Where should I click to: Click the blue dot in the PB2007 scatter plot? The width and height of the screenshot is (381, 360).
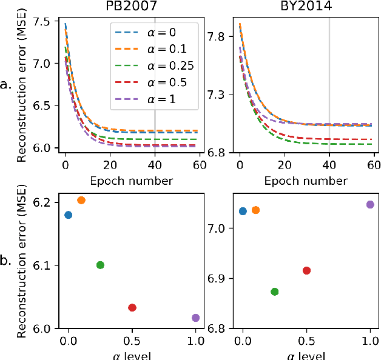pyautogui.click(x=68, y=215)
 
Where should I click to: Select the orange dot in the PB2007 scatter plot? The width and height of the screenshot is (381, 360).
pyautogui.click(x=81, y=200)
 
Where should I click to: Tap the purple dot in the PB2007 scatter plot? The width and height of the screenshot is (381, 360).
pyautogui.click(x=195, y=318)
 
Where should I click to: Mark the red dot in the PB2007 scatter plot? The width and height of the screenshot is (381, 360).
pyautogui.click(x=132, y=307)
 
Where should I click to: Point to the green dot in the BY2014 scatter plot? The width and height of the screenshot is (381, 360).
pyautogui.click(x=274, y=292)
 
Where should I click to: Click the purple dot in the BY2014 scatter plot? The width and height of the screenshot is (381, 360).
pyautogui.click(x=370, y=204)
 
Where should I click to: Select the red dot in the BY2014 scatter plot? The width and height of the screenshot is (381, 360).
pyautogui.click(x=306, y=270)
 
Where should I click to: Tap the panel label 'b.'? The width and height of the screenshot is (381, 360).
pyautogui.click(x=7, y=261)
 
